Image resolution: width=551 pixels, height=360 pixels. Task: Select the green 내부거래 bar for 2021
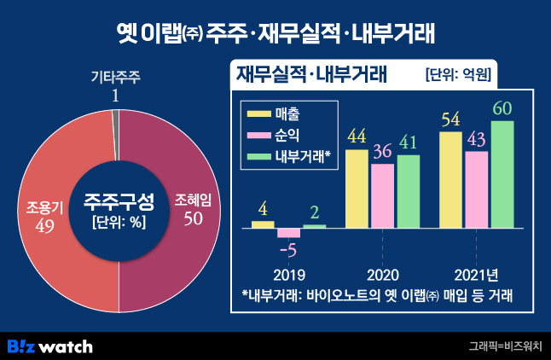(503, 175)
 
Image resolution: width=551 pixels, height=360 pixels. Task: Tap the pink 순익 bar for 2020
(383, 195)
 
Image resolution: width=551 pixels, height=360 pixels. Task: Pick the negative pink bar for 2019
(289, 232)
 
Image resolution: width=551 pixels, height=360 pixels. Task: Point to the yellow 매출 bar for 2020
(357, 189)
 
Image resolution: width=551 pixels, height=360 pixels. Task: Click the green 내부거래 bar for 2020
(409, 191)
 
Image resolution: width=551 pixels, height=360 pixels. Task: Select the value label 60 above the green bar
(503, 109)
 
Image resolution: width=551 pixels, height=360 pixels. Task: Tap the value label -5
(289, 250)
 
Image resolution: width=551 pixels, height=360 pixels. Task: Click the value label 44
(357, 136)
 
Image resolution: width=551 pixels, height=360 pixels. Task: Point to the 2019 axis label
(289, 276)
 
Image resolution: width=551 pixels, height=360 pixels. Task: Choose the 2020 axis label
(383, 276)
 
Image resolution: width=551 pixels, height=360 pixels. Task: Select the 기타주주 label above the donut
(115, 77)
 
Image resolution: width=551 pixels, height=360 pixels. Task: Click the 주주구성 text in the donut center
(119, 202)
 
